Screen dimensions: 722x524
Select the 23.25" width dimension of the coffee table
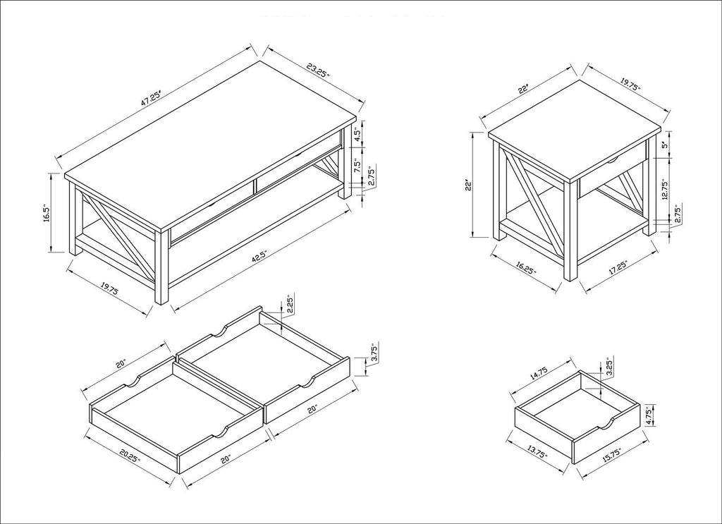point(318,71)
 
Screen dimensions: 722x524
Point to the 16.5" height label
point(46,213)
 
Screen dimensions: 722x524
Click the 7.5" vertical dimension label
point(357,165)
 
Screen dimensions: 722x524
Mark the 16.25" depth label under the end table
point(526,268)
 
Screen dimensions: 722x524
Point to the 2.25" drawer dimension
point(290,305)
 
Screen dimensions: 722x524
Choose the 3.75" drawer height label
point(374,353)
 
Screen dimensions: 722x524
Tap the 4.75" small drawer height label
point(649,416)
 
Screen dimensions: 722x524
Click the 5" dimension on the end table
point(664,145)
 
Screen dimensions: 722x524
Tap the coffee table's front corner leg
point(161,267)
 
